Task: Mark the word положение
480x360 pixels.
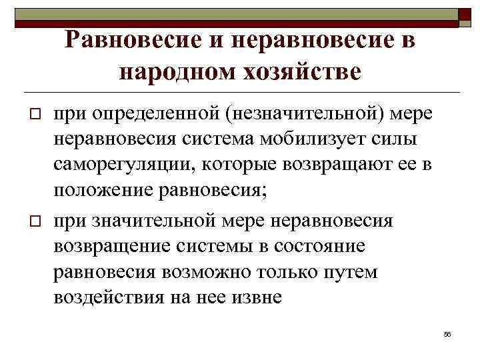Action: click(x=103, y=191)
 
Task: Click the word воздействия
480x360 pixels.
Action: click(x=110, y=297)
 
